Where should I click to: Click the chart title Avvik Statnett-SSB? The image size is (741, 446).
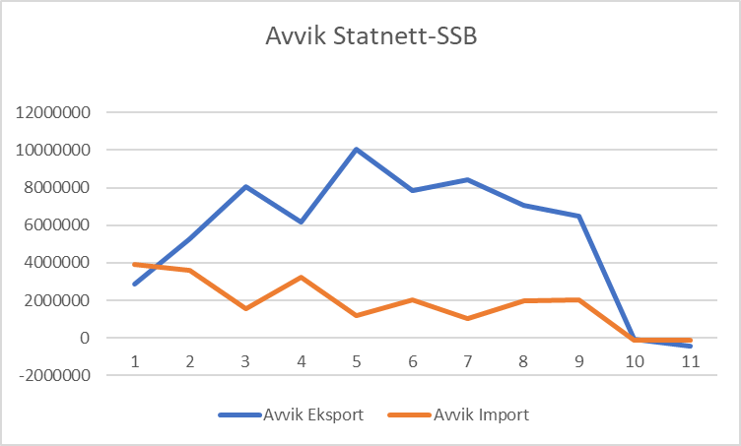click(370, 38)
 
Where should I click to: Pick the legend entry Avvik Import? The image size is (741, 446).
click(481, 414)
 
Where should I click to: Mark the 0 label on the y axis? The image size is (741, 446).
click(86, 338)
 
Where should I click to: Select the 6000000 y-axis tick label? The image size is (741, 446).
click(54, 225)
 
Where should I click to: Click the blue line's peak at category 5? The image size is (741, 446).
click(357, 150)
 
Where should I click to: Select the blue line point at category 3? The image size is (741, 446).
click(245, 186)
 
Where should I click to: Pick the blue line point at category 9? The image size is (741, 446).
click(579, 216)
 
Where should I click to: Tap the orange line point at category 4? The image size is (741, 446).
click(301, 277)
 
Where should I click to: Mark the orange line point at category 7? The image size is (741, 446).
click(468, 318)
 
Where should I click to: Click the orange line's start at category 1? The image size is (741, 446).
click(134, 264)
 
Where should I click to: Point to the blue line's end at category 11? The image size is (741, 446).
click(691, 346)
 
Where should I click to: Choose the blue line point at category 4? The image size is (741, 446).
click(301, 222)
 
